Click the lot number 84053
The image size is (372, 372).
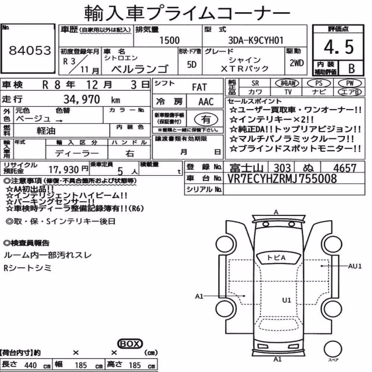click(x=30, y=50)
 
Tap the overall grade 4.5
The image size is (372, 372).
click(x=339, y=47)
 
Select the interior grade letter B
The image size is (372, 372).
click(x=352, y=68)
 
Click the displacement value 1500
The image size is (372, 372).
click(x=169, y=40)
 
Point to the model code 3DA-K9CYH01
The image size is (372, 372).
click(x=256, y=40)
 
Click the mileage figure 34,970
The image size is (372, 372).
click(x=81, y=99)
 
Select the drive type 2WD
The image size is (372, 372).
click(x=296, y=63)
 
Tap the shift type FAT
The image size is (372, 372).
click(x=199, y=87)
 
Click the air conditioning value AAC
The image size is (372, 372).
click(x=206, y=102)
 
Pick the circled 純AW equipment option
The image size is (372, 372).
click(x=287, y=83)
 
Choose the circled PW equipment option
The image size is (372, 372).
click(x=350, y=83)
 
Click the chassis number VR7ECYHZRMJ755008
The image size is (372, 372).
click(x=282, y=179)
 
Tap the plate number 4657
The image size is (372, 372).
click(x=345, y=168)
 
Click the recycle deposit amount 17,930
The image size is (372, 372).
click(x=64, y=169)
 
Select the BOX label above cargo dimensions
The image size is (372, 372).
click(x=130, y=344)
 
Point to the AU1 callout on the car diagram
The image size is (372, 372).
click(x=355, y=266)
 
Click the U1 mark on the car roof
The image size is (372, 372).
click(x=286, y=300)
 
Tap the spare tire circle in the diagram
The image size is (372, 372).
click(x=333, y=349)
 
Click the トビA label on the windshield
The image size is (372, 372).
click(x=276, y=257)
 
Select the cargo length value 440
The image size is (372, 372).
click(x=31, y=365)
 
